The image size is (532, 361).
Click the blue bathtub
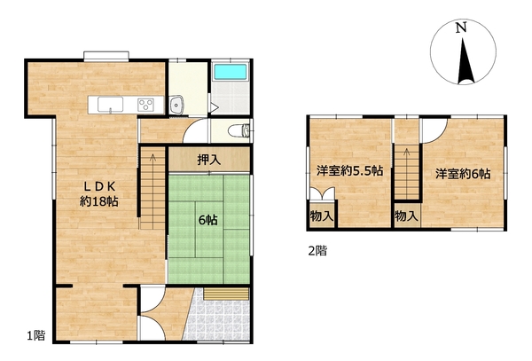point(231,72)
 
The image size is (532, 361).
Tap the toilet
point(239,129)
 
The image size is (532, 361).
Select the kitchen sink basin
point(110,104)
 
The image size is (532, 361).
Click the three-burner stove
point(145,104)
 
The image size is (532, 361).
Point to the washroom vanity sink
point(176,105)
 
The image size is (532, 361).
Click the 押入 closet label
point(209,160)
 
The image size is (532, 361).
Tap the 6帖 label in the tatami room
point(208,221)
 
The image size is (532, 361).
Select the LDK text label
point(100,186)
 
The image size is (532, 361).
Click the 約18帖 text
point(99,201)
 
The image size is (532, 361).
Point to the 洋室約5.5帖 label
point(350,170)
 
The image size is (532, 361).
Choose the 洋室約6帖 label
point(463,174)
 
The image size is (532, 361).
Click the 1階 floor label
point(36,335)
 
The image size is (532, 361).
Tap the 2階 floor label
point(317,251)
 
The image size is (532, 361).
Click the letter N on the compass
point(461,27)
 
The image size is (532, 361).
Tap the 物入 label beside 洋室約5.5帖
point(322,216)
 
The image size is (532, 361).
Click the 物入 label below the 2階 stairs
point(406,216)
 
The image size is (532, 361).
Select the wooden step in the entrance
point(227,294)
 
